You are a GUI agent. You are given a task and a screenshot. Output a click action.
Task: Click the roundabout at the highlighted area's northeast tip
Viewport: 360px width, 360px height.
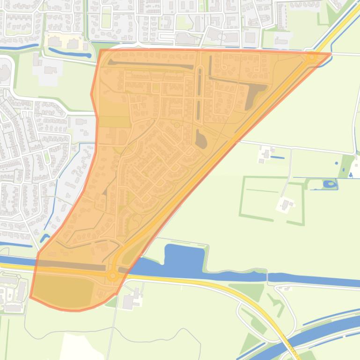[x=311, y=58]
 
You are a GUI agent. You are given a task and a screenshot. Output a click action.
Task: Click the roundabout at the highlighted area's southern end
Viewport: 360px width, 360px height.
[x=112, y=276]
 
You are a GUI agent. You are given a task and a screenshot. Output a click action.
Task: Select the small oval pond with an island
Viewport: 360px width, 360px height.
[x=330, y=184]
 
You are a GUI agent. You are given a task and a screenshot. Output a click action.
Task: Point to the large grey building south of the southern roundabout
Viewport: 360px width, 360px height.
[x=128, y=302]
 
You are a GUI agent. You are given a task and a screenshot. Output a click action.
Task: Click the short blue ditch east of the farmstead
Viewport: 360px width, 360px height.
[x=277, y=158]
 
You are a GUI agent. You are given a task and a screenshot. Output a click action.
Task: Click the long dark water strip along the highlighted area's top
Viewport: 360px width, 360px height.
[x=150, y=64]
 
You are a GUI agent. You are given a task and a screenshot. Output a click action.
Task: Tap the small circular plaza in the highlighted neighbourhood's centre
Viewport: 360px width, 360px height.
[x=176, y=125]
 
